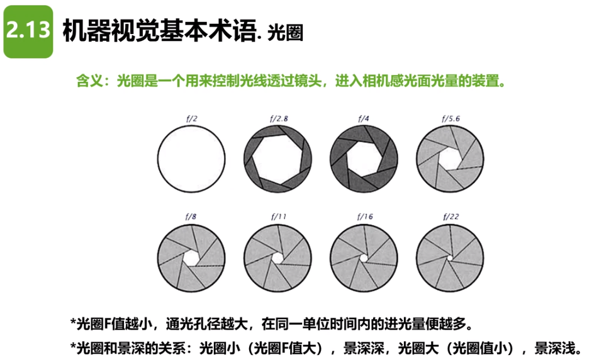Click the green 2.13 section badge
[x=28, y=31]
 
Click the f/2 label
[x=192, y=118]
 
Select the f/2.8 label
[x=279, y=118]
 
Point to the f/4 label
[x=364, y=118]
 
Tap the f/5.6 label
[x=451, y=118]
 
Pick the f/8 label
[x=191, y=217]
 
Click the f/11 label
[x=279, y=217]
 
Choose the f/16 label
[x=365, y=217]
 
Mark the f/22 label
[x=451, y=217]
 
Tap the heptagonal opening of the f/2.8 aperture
[x=277, y=158]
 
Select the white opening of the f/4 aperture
[x=364, y=159]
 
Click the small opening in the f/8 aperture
[x=191, y=258]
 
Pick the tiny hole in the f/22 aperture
[x=450, y=258]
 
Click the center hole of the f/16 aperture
[x=364, y=258]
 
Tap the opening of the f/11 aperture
[x=277, y=258]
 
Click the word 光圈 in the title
[x=285, y=33]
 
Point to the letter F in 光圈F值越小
[x=107, y=324]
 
